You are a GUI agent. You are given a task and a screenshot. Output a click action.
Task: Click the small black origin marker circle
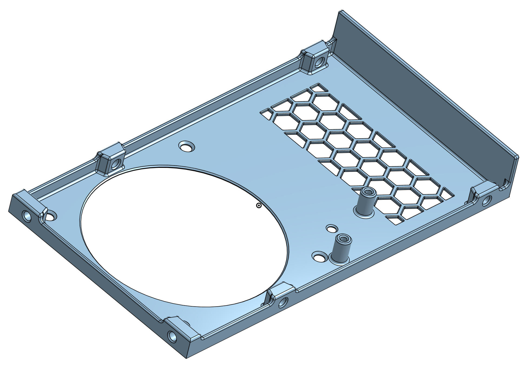coord(259,206)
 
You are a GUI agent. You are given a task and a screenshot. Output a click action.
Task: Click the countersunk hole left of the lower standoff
coord(320,257)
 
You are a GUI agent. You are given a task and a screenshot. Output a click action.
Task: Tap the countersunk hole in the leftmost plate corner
coord(51,216)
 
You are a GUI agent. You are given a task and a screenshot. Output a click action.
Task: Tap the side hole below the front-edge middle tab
coord(282,303)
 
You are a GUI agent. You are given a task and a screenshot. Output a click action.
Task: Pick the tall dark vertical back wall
coord(422,89)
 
